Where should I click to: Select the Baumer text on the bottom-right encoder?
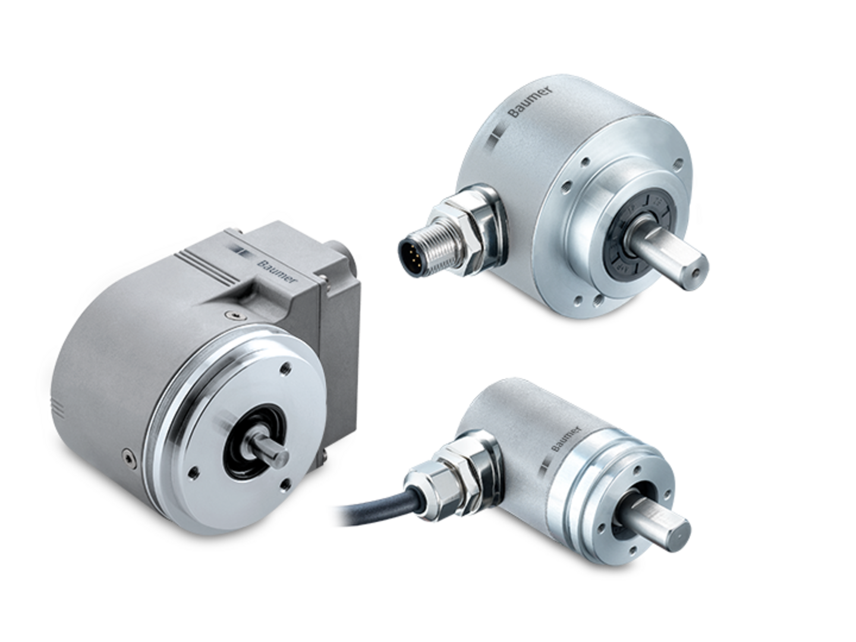tap(566, 439)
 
